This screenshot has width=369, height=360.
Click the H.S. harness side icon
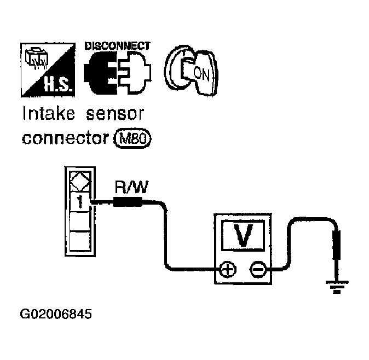[48, 70]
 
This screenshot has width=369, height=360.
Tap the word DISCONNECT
[117, 46]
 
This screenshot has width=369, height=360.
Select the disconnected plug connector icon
[117, 73]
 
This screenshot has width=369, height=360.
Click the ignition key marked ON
[191, 71]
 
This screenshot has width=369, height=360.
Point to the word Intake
[48, 113]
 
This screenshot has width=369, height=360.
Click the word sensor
[114, 114]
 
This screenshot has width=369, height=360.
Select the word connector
[65, 138]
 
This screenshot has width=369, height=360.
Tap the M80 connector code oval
[132, 138]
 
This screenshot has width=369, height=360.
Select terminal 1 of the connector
[80, 202]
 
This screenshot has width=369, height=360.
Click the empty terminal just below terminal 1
[80, 221]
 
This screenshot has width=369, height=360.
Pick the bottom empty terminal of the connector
[80, 241]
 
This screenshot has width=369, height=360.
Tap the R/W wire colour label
[131, 187]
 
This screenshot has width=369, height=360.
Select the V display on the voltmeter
[243, 235]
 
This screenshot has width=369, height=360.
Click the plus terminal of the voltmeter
[228, 269]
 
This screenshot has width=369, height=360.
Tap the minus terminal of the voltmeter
[258, 269]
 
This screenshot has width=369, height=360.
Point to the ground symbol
[337, 287]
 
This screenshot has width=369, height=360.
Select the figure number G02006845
[56, 314]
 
